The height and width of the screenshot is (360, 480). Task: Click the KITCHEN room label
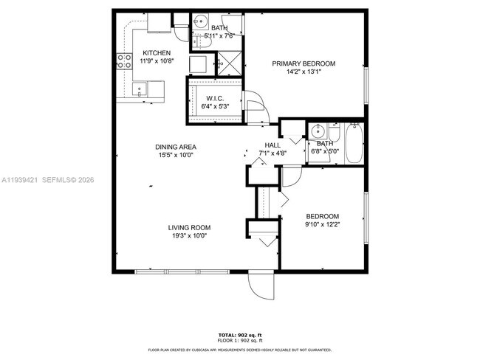pos(157,52)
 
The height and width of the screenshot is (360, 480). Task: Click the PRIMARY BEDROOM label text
pos(304,63)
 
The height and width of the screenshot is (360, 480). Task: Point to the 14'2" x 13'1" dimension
pos(304,72)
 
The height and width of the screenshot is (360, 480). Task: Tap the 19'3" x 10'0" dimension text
pos(189,236)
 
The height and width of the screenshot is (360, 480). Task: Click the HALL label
pos(272,145)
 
